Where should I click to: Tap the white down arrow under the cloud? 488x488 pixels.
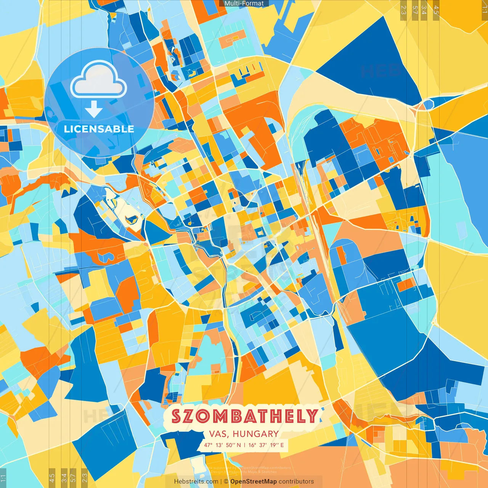click(x=94, y=109)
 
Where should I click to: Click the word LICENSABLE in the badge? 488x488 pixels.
click(x=99, y=129)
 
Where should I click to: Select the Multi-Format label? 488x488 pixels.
click(x=244, y=3)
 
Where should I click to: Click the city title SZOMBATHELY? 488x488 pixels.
click(x=244, y=416)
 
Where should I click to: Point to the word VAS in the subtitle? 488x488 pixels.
click(x=218, y=434)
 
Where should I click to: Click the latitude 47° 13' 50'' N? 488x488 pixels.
click(x=222, y=445)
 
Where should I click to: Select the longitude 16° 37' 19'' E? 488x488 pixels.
click(x=266, y=445)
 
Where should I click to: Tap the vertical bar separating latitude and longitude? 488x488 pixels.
click(x=244, y=445)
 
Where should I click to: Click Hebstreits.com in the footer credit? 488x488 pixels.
click(x=196, y=482)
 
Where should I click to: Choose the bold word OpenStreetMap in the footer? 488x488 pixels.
click(x=254, y=482)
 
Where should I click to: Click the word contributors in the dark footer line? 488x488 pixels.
click(x=296, y=482)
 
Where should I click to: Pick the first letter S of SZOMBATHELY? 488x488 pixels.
click(x=176, y=416)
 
